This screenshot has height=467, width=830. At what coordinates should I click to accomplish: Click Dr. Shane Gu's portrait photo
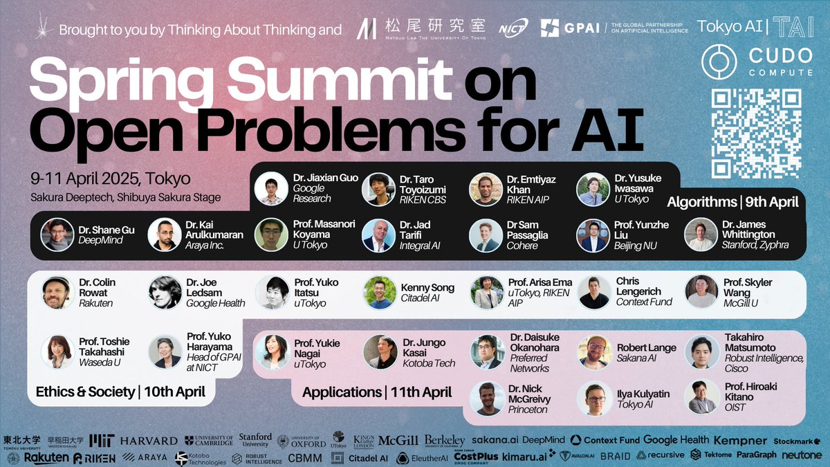(x=57, y=235)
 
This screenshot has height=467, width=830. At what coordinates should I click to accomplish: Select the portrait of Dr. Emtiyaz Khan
(x=486, y=189)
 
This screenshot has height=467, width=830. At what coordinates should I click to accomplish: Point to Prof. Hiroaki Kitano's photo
(x=701, y=396)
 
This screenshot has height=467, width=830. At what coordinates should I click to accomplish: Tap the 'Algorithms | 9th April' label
(x=732, y=202)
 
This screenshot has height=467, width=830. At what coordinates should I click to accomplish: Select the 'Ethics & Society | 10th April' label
(x=120, y=392)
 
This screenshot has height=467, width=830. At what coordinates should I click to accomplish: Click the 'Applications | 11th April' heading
(x=377, y=392)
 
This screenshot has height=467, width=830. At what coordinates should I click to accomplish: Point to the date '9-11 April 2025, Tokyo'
(x=110, y=178)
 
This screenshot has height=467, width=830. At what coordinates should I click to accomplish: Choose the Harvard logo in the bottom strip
(x=149, y=441)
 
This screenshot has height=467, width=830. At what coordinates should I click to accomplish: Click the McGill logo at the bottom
(x=398, y=440)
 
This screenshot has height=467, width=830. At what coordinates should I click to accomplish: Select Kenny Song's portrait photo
(x=380, y=292)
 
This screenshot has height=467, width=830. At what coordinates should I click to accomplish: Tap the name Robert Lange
(x=646, y=347)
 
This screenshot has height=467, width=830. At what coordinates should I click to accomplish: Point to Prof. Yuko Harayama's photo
(x=165, y=351)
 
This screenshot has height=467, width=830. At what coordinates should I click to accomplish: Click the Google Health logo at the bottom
(x=676, y=439)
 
